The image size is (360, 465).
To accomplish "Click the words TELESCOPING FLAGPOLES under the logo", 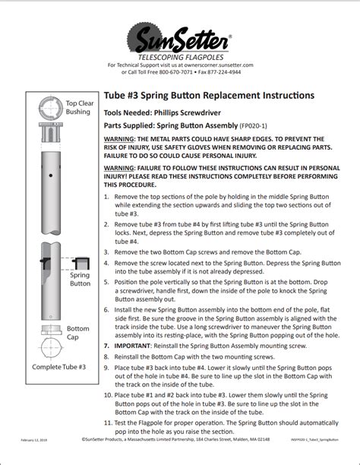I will [x=179, y=58].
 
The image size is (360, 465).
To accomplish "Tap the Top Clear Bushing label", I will [x=77, y=107].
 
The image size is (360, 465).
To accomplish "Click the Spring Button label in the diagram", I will [x=80, y=279].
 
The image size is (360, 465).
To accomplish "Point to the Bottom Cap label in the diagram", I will [x=77, y=333].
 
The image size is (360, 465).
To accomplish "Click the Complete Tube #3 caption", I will [x=58, y=367].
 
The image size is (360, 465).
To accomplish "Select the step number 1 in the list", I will [x=107, y=196].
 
